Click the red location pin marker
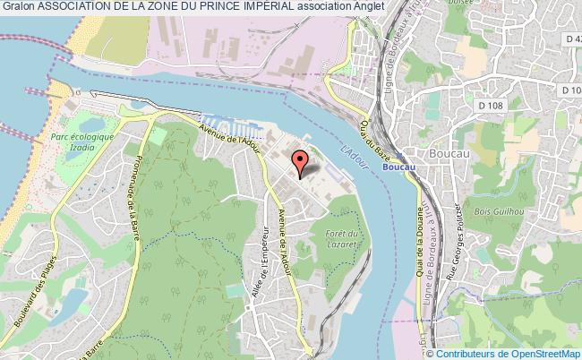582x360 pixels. click(301, 160)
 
